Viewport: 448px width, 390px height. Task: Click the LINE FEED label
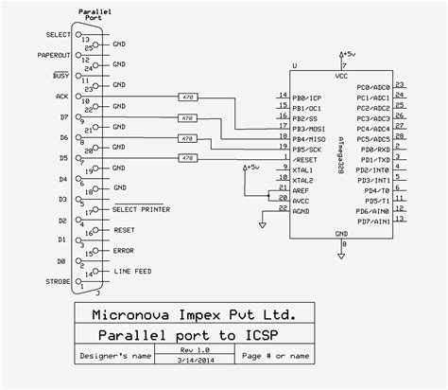(131, 271)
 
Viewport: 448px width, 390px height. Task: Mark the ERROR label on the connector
(124, 250)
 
